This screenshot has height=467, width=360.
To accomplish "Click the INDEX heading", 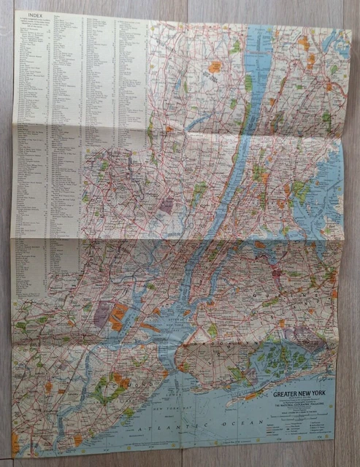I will point(33,15).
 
